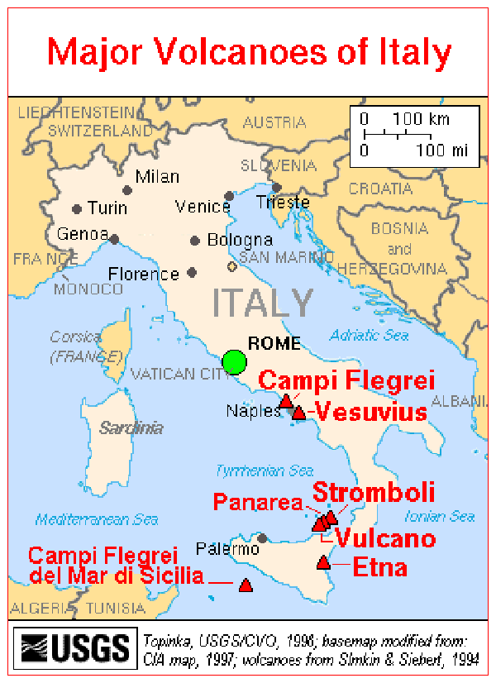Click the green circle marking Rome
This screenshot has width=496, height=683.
[235, 362]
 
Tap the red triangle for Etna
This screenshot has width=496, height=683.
[323, 563]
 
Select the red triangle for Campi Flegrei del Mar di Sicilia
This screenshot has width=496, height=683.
[245, 585]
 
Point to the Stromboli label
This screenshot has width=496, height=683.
[373, 494]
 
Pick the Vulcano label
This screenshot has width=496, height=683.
[384, 539]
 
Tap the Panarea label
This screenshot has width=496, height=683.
[259, 502]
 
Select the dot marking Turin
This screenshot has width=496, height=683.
[77, 209]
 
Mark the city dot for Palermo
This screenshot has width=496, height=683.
[263, 538]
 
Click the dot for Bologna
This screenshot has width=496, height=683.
[195, 241]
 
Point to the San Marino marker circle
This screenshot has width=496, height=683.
[231, 266]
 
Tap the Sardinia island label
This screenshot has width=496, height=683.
[131, 428]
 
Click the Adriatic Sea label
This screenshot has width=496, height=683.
[370, 336]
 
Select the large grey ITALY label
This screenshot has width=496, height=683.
[263, 303]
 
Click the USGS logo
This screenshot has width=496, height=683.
[75, 647]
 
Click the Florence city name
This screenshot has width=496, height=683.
[144, 274]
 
